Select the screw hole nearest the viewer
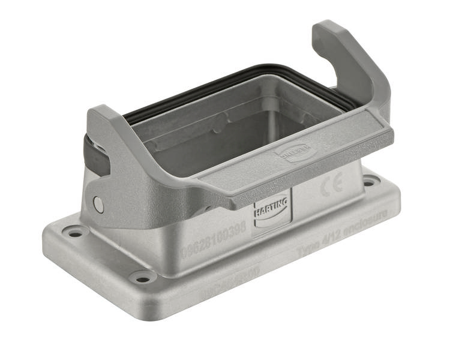pyautogui.click(x=141, y=277)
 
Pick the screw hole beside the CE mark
pyautogui.click(x=370, y=177)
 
